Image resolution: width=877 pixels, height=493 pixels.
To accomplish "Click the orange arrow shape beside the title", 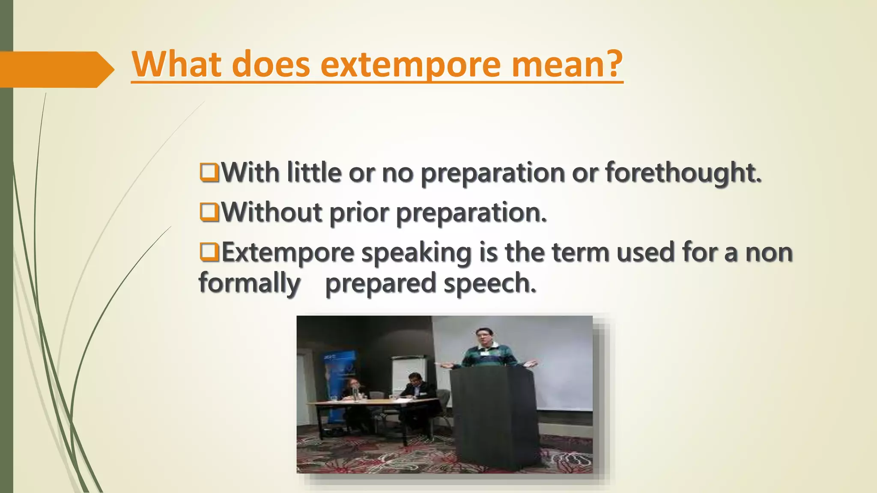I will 56,69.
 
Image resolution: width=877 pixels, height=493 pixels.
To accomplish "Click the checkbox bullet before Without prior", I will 209,212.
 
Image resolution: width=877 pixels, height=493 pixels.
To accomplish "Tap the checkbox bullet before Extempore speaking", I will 209,252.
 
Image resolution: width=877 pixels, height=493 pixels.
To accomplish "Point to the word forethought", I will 683,172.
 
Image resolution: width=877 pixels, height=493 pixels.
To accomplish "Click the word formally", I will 249,283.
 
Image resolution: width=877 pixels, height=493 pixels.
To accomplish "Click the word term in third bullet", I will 580,252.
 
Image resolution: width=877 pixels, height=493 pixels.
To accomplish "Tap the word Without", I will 271,212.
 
